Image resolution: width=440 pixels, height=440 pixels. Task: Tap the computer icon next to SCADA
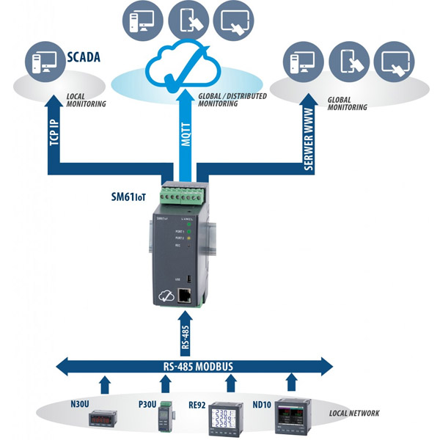click(43, 64)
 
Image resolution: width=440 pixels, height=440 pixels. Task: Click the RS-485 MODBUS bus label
click(194, 364)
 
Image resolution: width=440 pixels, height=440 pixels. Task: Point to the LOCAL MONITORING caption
click(86, 100)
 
